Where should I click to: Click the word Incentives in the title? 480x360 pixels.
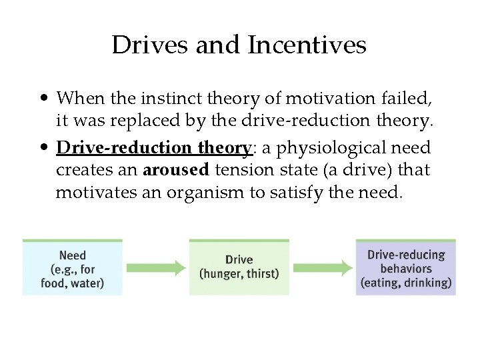pyautogui.click(x=307, y=45)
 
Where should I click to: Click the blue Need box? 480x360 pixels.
pyautogui.click(x=73, y=267)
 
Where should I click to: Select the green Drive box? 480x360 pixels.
pyautogui.click(x=239, y=267)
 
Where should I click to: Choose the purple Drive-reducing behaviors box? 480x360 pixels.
pyautogui.click(x=405, y=267)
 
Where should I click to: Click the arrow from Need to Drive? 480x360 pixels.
pyautogui.click(x=156, y=268)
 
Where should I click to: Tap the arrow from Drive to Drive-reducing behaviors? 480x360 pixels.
pyautogui.click(x=323, y=268)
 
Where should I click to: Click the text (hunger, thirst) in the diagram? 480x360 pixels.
pyautogui.click(x=239, y=273)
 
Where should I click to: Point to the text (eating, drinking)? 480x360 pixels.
pyautogui.click(x=405, y=282)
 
